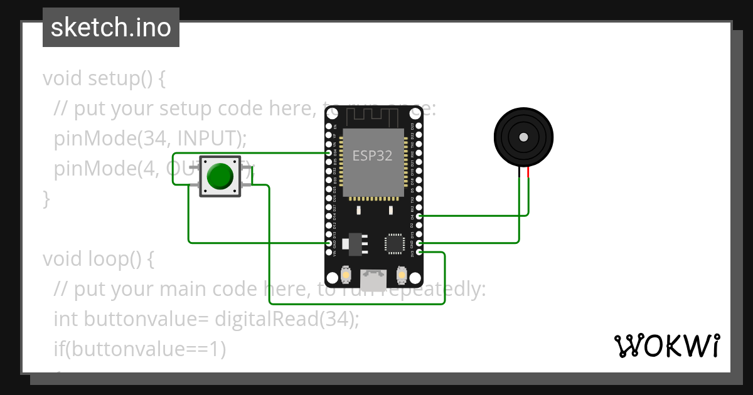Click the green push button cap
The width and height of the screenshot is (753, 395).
pos(220,176)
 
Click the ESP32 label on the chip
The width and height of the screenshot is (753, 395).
pos(373,155)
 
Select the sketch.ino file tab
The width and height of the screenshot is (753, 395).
pos(111,28)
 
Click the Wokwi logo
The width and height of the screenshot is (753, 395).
pos(666,345)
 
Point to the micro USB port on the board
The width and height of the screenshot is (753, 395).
pos(373,276)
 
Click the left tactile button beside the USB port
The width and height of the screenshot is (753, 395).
pos(346,275)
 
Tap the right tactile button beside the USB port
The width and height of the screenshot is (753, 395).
pos(402,275)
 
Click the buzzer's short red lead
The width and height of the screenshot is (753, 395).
pos(528,174)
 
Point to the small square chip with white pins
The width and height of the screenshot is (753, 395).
pos(394,243)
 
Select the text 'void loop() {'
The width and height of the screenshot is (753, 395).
pos(99,258)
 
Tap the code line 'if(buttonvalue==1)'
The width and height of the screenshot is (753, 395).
pos(139,349)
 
